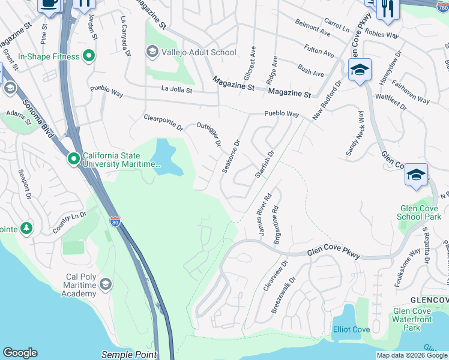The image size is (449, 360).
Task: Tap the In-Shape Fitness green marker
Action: pyautogui.click(x=89, y=57)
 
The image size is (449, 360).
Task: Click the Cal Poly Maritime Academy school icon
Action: pyautogui.click(x=106, y=283)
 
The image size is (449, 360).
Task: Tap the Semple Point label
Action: pyautogui.click(x=129, y=355)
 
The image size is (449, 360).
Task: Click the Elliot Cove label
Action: pyautogui.click(x=351, y=331)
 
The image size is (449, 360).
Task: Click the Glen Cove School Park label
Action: pyautogui.click(x=420, y=212)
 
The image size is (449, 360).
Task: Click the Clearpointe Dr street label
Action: pyautogui.click(x=163, y=122)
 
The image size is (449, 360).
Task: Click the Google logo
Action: pyautogui.click(x=20, y=353)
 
